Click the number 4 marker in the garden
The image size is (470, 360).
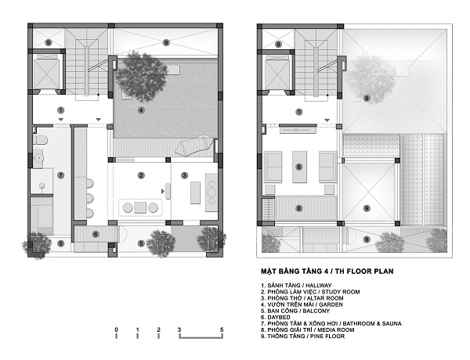coord(141,110)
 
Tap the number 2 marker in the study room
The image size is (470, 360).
coord(141,175)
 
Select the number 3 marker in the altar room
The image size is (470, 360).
coord(184,175)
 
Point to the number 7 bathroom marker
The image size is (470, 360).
coord(61,175)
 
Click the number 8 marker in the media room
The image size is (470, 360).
coord(299,167)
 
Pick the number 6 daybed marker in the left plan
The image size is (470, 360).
coord(96,234)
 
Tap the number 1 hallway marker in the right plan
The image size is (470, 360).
coord(299,112)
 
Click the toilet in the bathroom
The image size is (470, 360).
coord(40,140)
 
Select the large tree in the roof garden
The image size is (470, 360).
coord(142,77)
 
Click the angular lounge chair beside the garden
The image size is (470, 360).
coord(194,146)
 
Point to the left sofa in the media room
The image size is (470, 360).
coord(273,167)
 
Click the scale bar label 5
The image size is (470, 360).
coord(222,329)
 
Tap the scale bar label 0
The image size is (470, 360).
coord(116,329)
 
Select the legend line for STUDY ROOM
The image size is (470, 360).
coord(310,292)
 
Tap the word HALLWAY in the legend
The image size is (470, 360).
coord(319,286)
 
